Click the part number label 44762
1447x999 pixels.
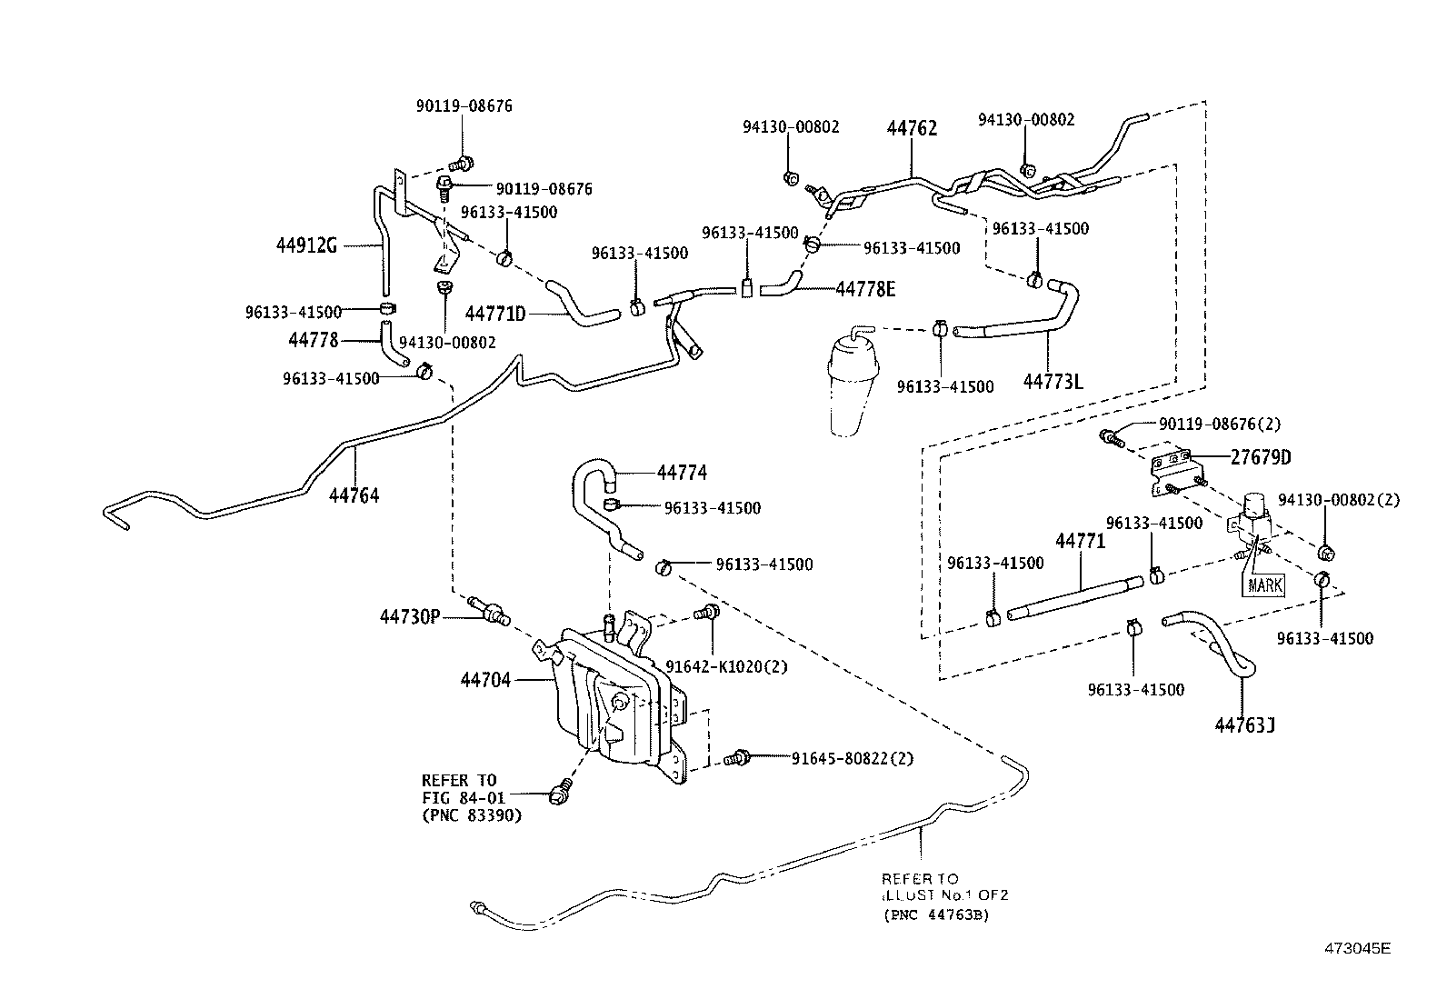click(912, 128)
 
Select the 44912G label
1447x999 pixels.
click(306, 245)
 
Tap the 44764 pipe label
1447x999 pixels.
click(354, 495)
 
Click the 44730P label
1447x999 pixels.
click(409, 617)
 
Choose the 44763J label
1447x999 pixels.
click(1244, 725)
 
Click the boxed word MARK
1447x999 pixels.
click(1264, 584)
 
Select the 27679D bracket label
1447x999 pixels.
click(1261, 457)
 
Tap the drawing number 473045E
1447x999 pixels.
click(1356, 948)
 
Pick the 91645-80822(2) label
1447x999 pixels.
click(852, 757)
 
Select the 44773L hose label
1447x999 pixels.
click(1053, 382)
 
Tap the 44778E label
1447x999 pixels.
click(865, 289)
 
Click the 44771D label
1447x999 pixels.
click(495, 315)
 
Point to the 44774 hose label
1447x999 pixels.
click(682, 473)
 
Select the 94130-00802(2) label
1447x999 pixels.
click(1338, 500)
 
